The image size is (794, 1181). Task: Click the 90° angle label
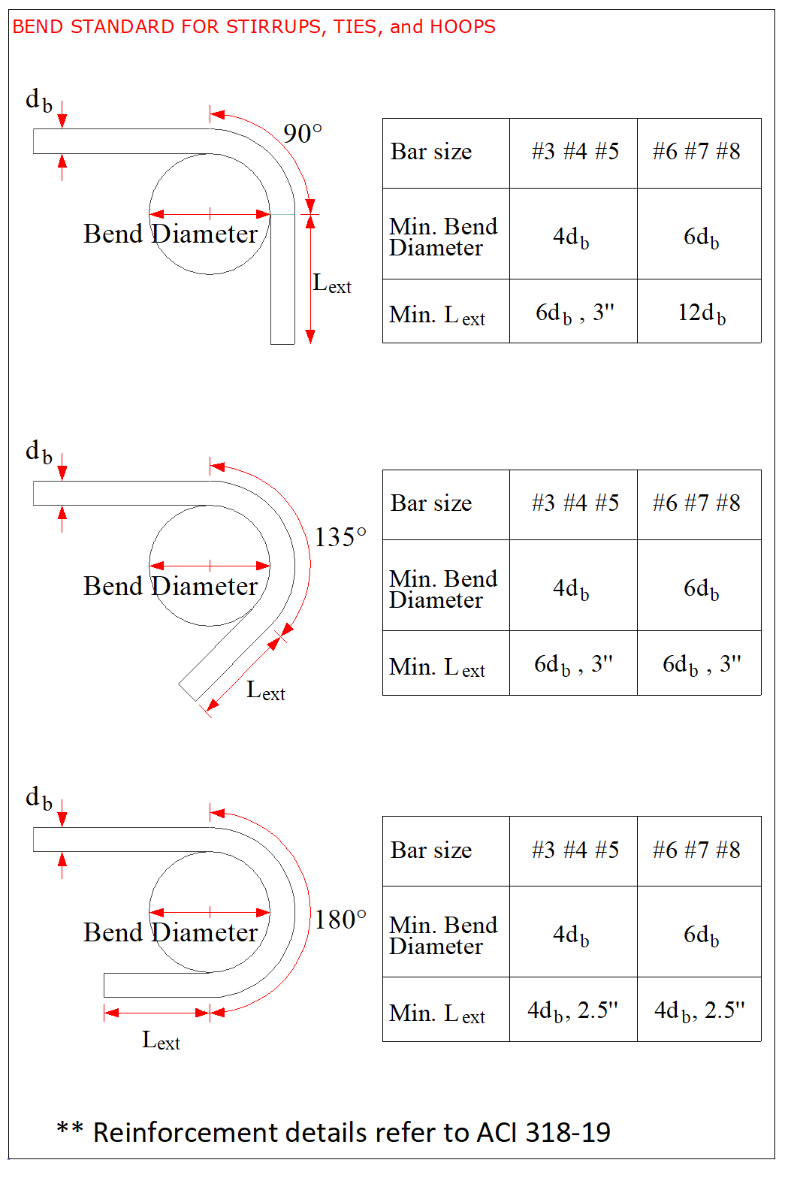(x=302, y=134)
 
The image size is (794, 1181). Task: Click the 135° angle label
(x=340, y=537)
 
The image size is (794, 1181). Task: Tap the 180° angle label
(x=340, y=920)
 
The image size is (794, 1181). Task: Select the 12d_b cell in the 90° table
(x=702, y=313)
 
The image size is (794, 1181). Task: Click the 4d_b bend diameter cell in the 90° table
(x=571, y=237)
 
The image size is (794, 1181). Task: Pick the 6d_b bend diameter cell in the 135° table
(x=701, y=588)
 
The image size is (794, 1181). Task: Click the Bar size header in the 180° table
(x=431, y=850)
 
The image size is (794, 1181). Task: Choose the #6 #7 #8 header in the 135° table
(x=696, y=503)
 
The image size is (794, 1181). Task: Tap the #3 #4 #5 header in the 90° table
(x=575, y=152)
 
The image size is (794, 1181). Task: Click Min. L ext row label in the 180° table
(x=437, y=1013)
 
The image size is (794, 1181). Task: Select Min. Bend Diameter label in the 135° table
(x=443, y=589)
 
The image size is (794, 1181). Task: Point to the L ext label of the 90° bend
(x=331, y=284)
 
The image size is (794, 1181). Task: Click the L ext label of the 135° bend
(x=266, y=690)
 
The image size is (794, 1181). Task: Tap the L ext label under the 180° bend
(x=161, y=1041)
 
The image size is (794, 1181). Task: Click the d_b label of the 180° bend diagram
(x=39, y=798)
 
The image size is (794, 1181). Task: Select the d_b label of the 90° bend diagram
(x=39, y=100)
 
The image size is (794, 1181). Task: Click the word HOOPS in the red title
(x=463, y=27)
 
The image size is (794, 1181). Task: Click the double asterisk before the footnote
(x=69, y=1129)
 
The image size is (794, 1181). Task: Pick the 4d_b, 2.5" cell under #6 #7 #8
(x=699, y=1011)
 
